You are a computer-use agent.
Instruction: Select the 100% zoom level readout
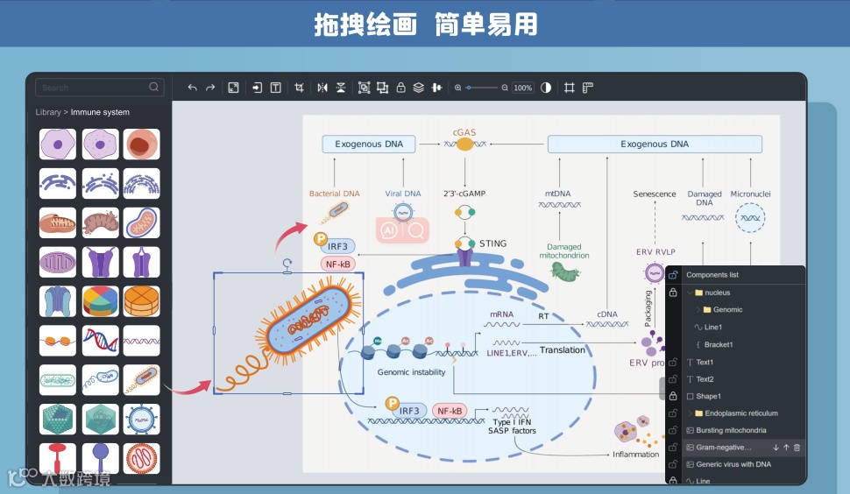coord(523,88)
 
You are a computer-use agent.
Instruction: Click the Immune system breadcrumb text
coord(100,112)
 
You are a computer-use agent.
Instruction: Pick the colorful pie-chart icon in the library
coord(101,300)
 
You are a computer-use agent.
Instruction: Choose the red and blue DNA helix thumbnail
coord(101,340)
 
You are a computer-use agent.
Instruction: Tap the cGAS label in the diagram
coord(464,132)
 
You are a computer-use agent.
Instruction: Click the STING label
coord(492,243)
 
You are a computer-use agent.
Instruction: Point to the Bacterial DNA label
coord(334,194)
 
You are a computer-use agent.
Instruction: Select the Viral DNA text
coord(403,194)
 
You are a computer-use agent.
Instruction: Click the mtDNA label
coord(558,194)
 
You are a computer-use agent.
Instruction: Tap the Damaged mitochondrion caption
coord(564,251)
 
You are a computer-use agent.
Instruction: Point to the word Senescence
coord(655,194)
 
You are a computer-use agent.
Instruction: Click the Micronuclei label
coord(749,194)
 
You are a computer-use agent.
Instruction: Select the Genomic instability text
coord(411,372)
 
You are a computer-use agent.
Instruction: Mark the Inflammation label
coord(635,454)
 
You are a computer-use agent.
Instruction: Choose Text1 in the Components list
coord(705,362)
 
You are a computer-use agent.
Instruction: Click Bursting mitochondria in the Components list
coord(731,430)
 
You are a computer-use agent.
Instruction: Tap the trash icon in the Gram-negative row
coord(797,448)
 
